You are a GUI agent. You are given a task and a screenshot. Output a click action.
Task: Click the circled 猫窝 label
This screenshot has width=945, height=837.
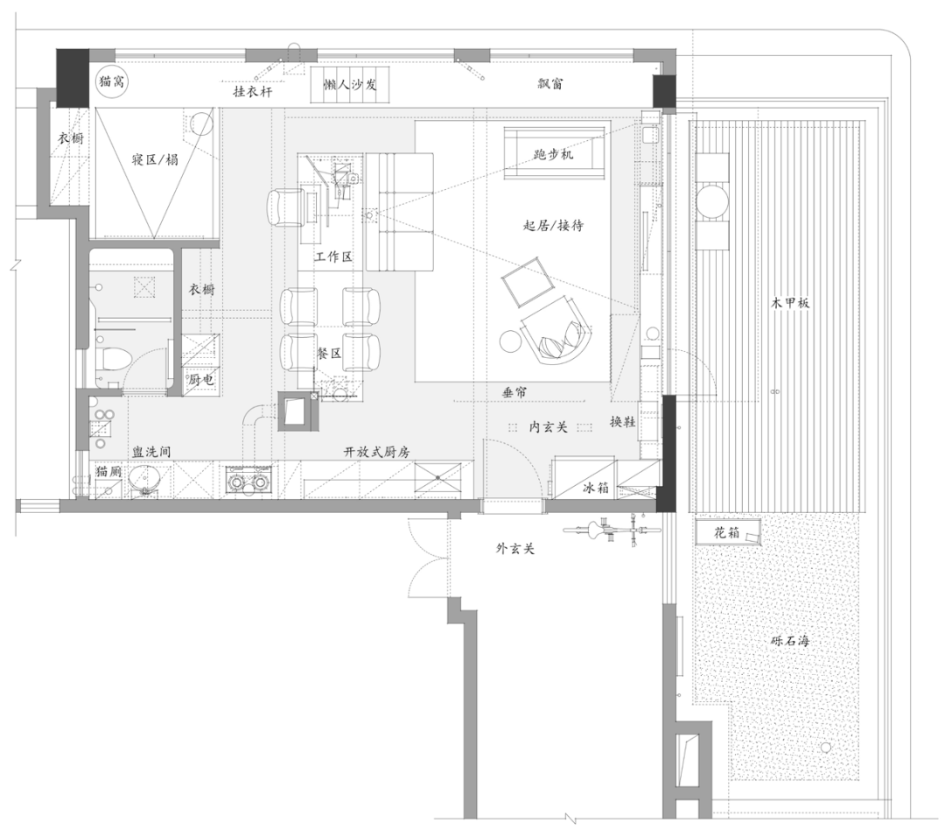tap(112, 81)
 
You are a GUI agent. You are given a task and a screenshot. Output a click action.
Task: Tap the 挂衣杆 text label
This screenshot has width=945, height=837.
tap(253, 92)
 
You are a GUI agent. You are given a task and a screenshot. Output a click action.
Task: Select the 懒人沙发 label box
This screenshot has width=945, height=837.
tap(350, 85)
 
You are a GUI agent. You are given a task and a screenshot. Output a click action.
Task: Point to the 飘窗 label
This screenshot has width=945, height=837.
tap(550, 83)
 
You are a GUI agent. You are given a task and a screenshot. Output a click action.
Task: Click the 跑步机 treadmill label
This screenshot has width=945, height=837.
tap(553, 154)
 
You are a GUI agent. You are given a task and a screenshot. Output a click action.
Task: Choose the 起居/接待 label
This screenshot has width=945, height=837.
tap(553, 226)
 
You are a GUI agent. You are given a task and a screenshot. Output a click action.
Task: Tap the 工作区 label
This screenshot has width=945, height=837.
tap(334, 257)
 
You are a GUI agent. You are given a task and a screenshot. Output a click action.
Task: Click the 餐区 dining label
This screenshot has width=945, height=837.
tap(329, 354)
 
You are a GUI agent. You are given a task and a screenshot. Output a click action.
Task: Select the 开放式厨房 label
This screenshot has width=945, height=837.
tap(376, 452)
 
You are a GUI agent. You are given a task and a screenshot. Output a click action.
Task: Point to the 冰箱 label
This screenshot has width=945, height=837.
tap(596, 488)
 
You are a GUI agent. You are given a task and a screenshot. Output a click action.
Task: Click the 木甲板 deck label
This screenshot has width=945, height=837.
tap(790, 303)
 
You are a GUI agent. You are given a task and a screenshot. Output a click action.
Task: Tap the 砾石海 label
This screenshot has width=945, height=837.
tap(790, 641)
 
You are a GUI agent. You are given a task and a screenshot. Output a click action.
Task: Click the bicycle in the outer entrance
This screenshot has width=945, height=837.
tap(612, 530)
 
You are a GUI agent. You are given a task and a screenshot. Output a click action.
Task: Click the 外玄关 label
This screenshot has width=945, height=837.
tap(515, 549)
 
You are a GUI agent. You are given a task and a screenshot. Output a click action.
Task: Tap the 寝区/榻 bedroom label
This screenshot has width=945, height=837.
tap(155, 159)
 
